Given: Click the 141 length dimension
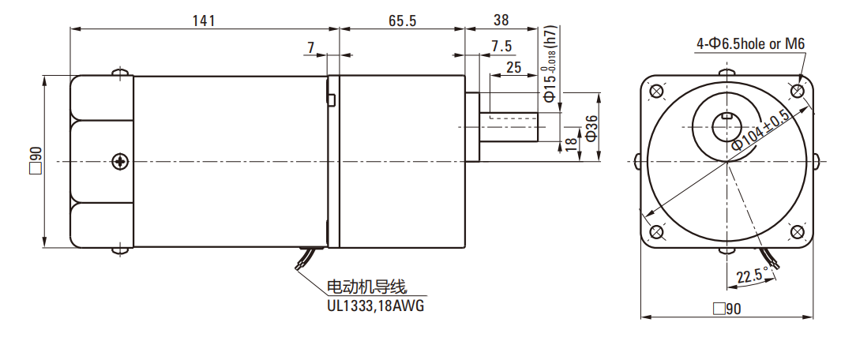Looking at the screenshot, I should [x=204, y=21].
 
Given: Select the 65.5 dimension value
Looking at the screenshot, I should [x=402, y=21].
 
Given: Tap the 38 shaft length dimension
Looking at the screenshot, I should [x=500, y=21].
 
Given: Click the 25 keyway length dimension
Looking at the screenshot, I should [x=513, y=67].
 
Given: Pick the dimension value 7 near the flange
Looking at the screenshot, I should [x=312, y=48].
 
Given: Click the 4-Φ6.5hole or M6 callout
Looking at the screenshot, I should [x=749, y=44].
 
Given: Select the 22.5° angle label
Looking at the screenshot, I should [x=752, y=276].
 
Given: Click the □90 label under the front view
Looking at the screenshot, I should [x=726, y=309].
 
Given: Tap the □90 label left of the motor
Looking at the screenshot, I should [x=34, y=160].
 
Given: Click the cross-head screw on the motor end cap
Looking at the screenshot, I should [x=119, y=161].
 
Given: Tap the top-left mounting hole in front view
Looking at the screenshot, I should [x=655, y=91].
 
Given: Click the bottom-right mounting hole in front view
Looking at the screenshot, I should [x=797, y=231].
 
